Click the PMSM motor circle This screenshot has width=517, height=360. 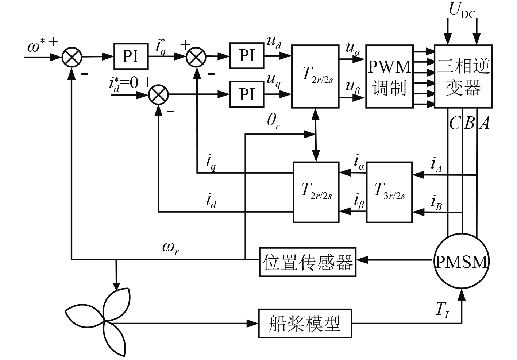pos(462,262)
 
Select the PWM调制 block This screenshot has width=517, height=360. pos(389,77)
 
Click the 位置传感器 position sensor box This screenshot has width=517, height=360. pos(308,262)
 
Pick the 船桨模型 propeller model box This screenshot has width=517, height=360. pos(305,324)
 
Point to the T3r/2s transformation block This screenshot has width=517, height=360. pos(389,192)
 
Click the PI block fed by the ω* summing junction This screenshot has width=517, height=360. pos(131,56)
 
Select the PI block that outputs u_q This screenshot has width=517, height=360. pos(247,94)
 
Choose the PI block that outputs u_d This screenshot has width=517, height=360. pos(247,55)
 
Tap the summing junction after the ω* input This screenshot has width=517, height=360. pos(72,57)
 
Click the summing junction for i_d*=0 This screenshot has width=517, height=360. pos(158,95)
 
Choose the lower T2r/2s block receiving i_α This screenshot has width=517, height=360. pos(316,192)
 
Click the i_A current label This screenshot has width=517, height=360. pos(436,164)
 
